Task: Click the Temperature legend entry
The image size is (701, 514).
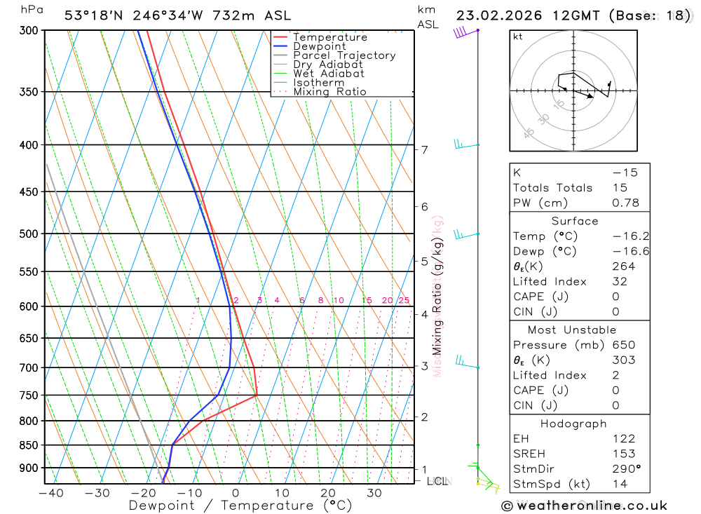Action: click(x=329, y=37)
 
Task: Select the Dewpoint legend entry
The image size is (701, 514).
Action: click(x=319, y=46)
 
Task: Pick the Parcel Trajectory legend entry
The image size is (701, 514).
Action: click(x=343, y=55)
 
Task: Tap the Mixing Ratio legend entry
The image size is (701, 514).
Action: click(x=329, y=92)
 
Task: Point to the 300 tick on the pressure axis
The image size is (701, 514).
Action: click(x=29, y=30)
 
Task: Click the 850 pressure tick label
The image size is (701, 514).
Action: click(x=29, y=445)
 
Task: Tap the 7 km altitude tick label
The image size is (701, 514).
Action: click(x=424, y=149)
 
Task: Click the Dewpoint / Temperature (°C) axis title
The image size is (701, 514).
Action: click(x=240, y=506)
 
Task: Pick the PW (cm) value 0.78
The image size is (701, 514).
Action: click(x=625, y=203)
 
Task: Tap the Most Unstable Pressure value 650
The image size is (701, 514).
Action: click(x=623, y=345)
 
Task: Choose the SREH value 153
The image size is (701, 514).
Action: click(x=623, y=454)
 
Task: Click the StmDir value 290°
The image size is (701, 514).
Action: click(x=626, y=469)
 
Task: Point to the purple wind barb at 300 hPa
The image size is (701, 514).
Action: click(x=461, y=32)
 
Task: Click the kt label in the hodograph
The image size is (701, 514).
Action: click(x=517, y=36)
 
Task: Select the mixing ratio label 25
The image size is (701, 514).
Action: click(x=404, y=301)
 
